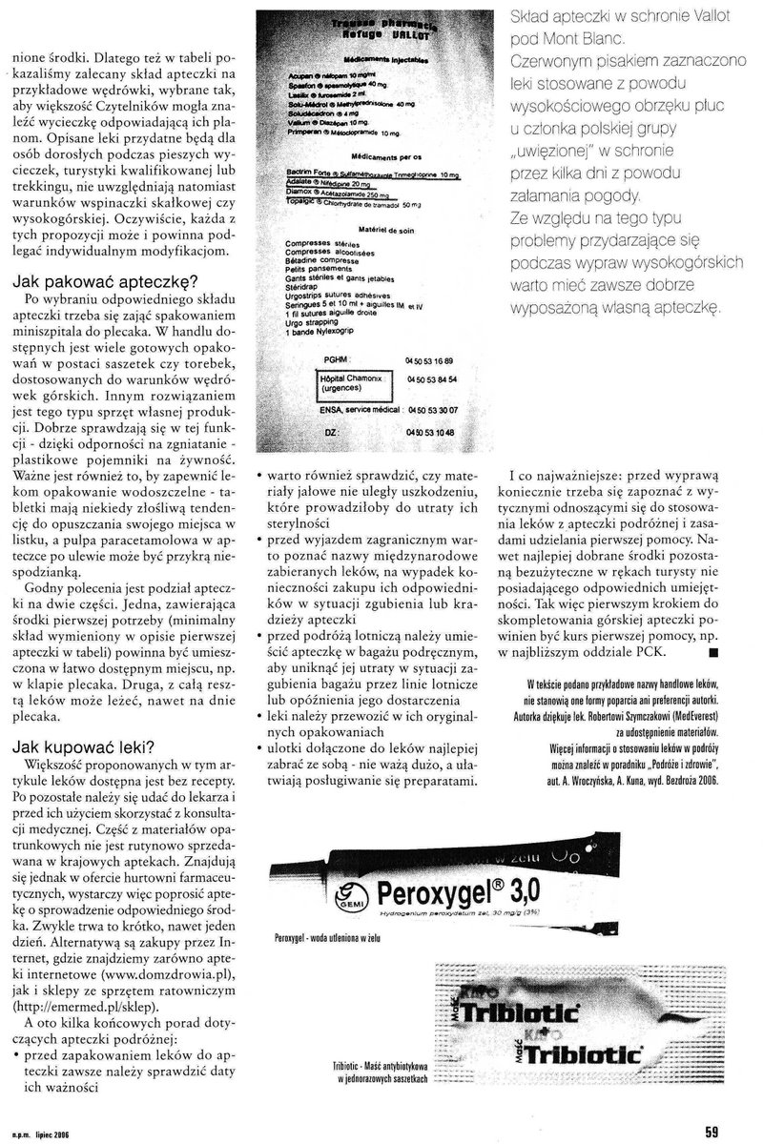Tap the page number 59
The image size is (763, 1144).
click(x=711, y=1132)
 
